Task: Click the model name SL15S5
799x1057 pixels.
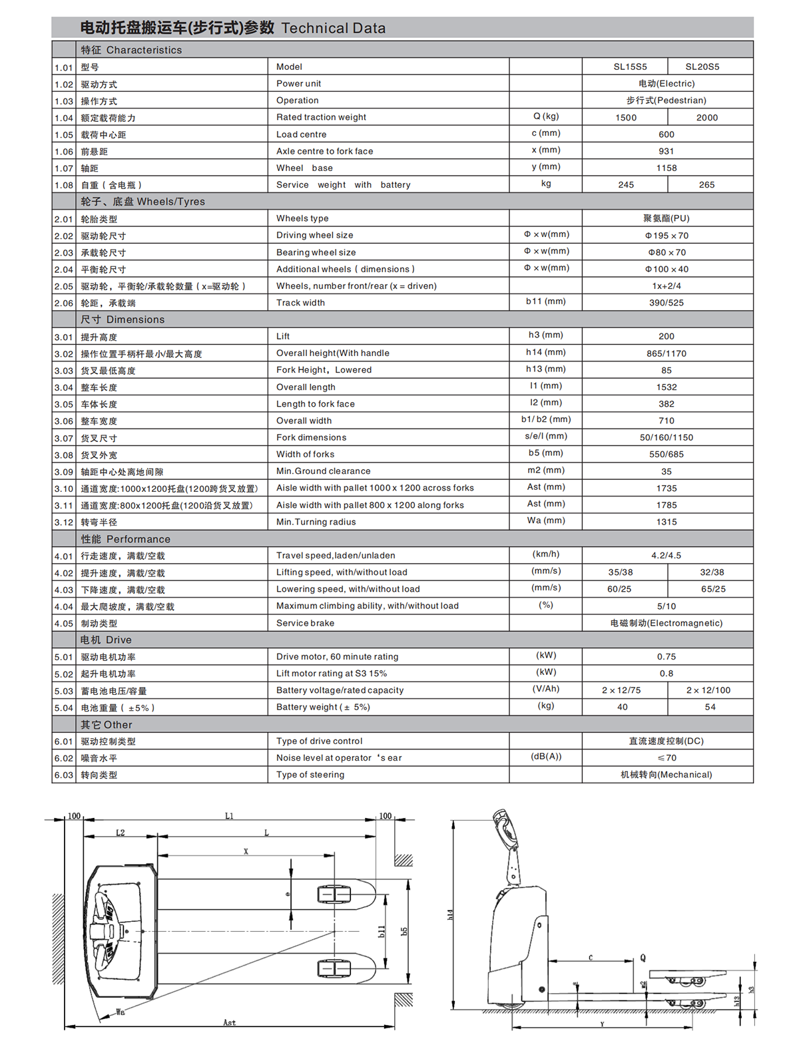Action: pos(630,67)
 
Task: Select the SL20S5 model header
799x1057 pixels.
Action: pos(702,67)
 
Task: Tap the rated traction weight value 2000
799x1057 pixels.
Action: pos(706,118)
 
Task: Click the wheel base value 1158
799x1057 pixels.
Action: pos(666,168)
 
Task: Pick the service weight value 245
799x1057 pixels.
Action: pos(626,185)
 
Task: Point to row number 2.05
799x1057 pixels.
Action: pos(64,286)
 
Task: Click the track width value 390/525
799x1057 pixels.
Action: pos(666,303)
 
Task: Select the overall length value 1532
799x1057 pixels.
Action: pos(666,387)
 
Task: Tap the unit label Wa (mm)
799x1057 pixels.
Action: pos(546,521)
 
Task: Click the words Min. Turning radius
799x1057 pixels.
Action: pos(316,522)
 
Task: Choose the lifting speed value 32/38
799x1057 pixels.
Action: pos(712,572)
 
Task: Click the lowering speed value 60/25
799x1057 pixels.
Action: pos(619,589)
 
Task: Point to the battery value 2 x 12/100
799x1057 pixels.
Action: pos(708,690)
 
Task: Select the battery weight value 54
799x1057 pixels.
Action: pos(710,707)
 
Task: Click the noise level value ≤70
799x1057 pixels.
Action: pos(666,757)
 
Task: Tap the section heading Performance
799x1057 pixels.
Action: pos(138,539)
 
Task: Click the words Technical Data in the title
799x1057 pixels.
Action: pos(333,28)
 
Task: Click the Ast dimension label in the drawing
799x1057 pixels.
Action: pos(229,1022)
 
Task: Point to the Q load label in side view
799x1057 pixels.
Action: pos(643,958)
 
